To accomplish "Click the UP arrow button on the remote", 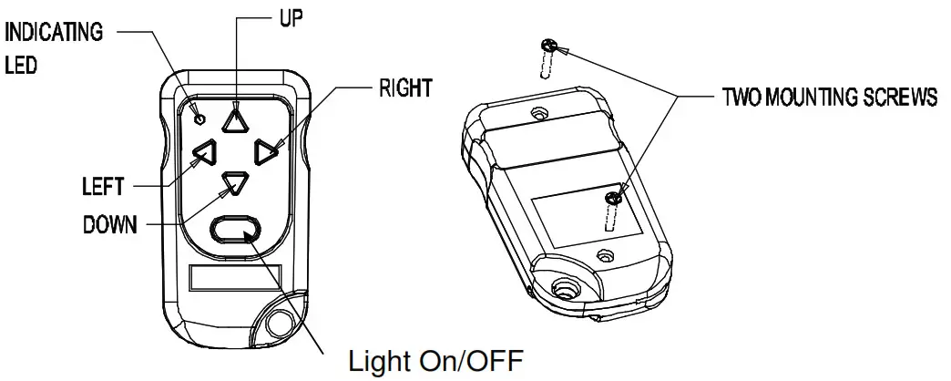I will click(x=235, y=119).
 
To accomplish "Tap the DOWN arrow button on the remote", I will click(x=235, y=182).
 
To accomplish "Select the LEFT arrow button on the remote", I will click(x=202, y=152).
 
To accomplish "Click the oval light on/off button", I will click(x=235, y=231).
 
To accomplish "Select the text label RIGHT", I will click(x=405, y=88).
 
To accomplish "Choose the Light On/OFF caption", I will click(x=436, y=360).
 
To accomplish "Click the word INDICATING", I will click(x=55, y=34).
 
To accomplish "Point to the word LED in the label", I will click(x=21, y=67).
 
